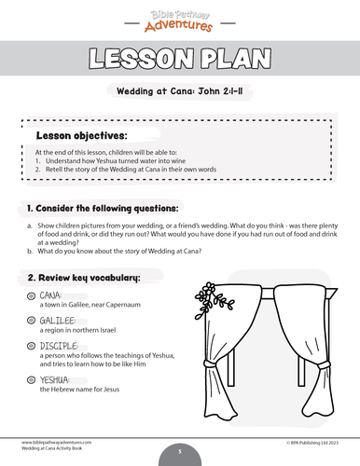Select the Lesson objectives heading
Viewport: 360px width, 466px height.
(x=81, y=135)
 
